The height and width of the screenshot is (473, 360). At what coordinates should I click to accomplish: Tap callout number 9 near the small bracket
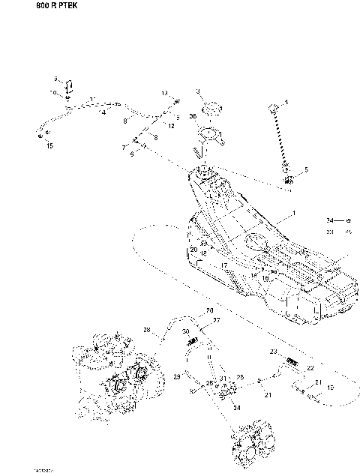click(55, 78)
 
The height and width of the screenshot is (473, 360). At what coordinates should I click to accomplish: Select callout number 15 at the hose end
click(49, 147)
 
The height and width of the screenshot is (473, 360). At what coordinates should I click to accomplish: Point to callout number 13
click(163, 93)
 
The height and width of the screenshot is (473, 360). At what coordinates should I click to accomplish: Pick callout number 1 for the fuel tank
click(295, 214)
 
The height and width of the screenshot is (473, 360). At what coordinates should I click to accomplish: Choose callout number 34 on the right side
click(331, 221)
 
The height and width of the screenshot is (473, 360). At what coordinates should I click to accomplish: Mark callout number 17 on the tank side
click(223, 265)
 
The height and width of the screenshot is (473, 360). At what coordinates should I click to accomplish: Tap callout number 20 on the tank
click(193, 250)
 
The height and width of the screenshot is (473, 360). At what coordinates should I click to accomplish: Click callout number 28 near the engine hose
click(147, 330)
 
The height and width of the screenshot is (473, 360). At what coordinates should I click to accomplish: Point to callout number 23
click(274, 351)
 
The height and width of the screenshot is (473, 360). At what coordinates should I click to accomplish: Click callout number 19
click(330, 388)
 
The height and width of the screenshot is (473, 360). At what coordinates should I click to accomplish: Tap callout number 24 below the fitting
click(236, 408)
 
